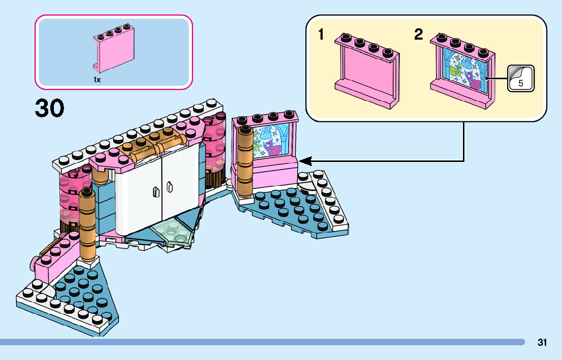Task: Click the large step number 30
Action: coord(50,108)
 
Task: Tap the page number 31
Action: coord(542,343)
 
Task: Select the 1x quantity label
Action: coord(97,80)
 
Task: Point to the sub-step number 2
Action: coord(418,35)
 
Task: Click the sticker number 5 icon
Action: coord(521,79)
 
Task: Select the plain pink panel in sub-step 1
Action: coord(366,71)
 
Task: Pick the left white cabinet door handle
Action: coord(156,191)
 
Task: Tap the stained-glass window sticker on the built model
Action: coord(273,140)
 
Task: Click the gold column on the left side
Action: coord(86,223)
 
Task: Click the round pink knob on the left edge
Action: coord(34,263)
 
